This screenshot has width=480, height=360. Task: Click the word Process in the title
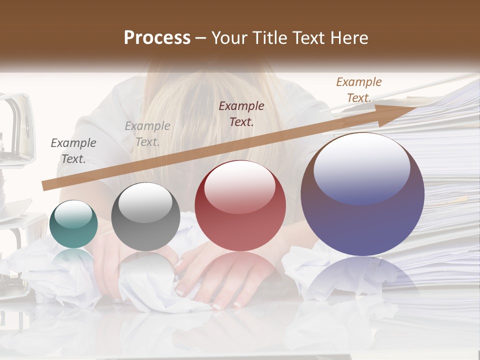click(157, 38)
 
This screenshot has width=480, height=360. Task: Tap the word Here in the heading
click(348, 38)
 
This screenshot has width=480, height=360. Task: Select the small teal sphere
click(73, 224)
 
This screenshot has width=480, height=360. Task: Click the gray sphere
click(145, 216)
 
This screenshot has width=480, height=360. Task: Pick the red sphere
click(240, 205)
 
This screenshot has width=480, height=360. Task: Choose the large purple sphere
click(362, 194)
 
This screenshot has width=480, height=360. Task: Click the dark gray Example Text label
click(73, 151)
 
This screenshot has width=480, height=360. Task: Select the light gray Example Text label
click(147, 134)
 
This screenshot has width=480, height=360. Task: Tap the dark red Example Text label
click(241, 113)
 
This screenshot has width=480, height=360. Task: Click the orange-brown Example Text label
click(358, 90)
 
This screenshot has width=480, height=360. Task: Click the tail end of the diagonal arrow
click(46, 186)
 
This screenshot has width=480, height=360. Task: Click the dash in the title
click(201, 38)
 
